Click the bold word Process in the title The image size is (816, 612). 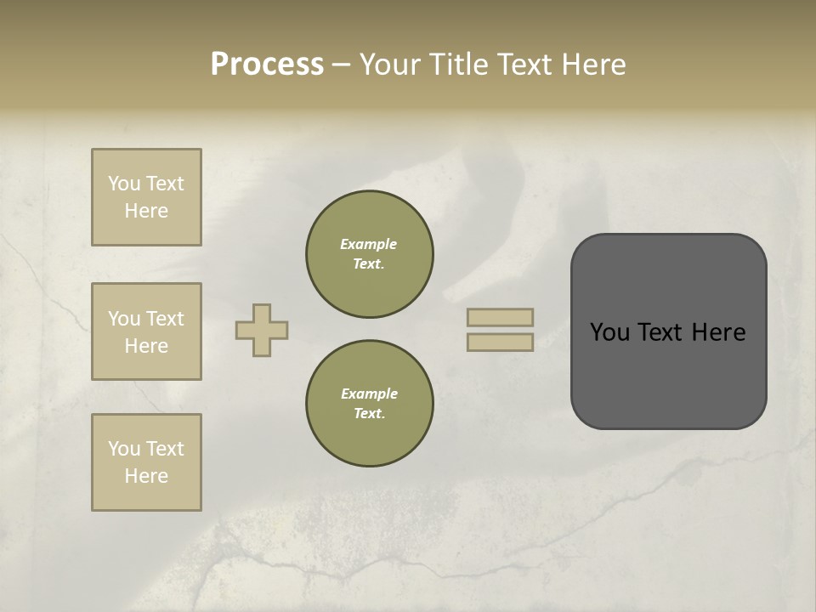coord(267,65)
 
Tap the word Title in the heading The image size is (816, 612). coord(457,65)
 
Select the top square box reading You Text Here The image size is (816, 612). coord(146,197)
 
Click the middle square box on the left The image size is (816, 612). coord(146,331)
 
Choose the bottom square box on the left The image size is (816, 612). coord(146,462)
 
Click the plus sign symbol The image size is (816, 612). coord(262,330)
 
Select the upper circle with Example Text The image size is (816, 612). coord(369,254)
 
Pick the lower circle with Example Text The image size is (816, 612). coord(369,404)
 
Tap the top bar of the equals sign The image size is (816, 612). coord(501,318)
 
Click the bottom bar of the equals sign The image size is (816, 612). coord(501,342)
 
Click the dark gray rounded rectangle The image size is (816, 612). coord(668,331)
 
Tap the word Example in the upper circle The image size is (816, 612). coord(369,245)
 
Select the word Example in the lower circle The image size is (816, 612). coord(369,394)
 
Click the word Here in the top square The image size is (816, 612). coord(146,211)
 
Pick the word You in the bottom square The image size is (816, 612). coord(123,449)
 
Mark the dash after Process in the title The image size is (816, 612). coord(342,65)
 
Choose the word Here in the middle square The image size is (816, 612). coord(146,346)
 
